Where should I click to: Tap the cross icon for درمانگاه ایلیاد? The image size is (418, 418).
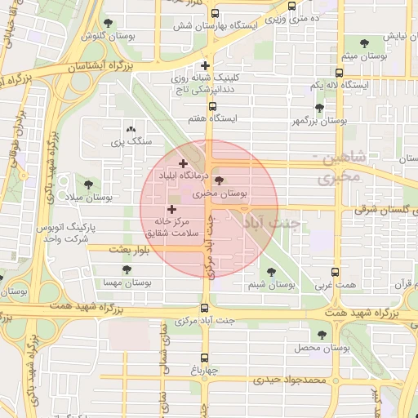coord(182,164)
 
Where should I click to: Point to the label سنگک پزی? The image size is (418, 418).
coord(131,141)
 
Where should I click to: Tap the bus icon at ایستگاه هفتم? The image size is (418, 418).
coord(213,105)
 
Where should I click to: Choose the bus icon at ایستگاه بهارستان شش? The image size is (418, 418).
coord(214,14)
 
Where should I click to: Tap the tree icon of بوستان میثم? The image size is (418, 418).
coord(363,43)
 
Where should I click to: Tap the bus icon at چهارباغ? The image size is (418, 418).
coord(204,357)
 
